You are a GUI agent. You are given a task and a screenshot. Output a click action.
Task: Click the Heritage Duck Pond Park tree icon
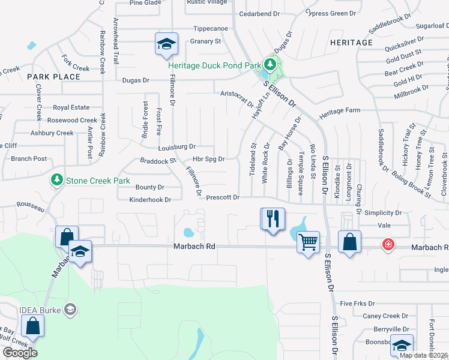pos(271,64)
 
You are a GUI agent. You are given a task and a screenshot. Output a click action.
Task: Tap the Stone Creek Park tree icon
pos(57,179)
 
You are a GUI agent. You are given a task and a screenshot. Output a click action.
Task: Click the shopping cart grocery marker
pos(308,242)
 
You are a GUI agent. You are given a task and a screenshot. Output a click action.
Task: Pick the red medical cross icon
pos(388,245)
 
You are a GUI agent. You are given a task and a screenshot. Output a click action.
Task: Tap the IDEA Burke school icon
pos(70,309)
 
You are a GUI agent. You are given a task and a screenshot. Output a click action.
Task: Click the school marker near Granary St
pos(166,44)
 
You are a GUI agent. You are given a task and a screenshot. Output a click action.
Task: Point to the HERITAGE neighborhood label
pos(351,43)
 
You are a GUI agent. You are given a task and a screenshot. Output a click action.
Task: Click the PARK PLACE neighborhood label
pos(53,77)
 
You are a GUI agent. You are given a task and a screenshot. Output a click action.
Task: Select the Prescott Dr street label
pos(223,197)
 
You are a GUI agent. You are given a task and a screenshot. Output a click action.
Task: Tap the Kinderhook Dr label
pos(151,199)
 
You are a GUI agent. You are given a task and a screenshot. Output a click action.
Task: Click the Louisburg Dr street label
pos(177,146)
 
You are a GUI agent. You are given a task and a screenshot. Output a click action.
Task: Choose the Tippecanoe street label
pos(211,29)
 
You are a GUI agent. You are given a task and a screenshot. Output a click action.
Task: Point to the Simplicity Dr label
pos(382,213)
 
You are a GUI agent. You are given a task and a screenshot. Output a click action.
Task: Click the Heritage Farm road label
pos(340,111)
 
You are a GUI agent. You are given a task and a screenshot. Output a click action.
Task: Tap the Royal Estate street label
pos(71,108)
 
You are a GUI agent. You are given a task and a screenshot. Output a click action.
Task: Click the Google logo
pos(20,353)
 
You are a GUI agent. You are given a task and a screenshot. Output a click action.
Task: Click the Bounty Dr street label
pos(150,187)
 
